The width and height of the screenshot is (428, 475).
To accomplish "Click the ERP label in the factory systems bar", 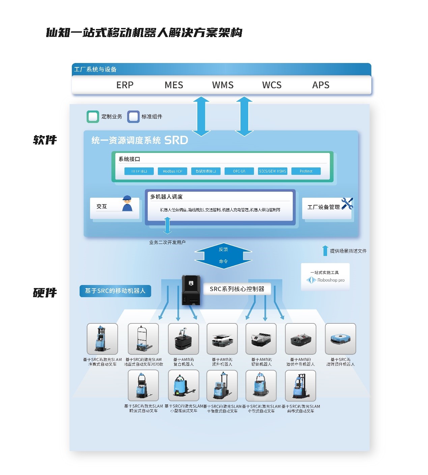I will point(125,85).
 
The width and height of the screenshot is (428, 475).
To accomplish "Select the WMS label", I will point(223,85).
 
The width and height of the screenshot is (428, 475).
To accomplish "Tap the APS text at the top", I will point(321,85).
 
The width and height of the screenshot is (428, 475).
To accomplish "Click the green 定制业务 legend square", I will point(93,117).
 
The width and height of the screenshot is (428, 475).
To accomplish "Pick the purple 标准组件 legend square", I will point(133,117).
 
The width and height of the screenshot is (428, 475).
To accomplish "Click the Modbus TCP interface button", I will point(172,171).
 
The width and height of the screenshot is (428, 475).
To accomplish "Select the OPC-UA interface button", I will point(239,171).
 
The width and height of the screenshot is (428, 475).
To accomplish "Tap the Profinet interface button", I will point(306,171).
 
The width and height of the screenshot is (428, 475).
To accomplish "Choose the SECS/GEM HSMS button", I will point(273,171).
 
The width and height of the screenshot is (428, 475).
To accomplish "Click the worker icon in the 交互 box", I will point(127,203).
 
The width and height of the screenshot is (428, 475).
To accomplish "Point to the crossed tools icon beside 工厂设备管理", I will point(347,203).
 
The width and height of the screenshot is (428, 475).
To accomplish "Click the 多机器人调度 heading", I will point(166,197).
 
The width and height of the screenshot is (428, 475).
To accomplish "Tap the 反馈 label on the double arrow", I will point(223,249).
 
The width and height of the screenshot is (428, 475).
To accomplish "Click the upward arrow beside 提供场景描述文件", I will point(325,251).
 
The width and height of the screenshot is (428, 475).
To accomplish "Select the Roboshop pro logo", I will point(325,280).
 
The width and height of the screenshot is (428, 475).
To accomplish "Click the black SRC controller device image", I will point(191,290).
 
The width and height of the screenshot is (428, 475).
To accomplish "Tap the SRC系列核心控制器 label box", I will point(237,289).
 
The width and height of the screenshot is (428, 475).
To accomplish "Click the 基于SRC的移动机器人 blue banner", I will point(115,291).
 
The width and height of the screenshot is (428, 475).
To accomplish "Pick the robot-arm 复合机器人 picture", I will point(183,339).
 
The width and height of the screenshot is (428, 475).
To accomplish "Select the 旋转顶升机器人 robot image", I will point(340,339).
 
